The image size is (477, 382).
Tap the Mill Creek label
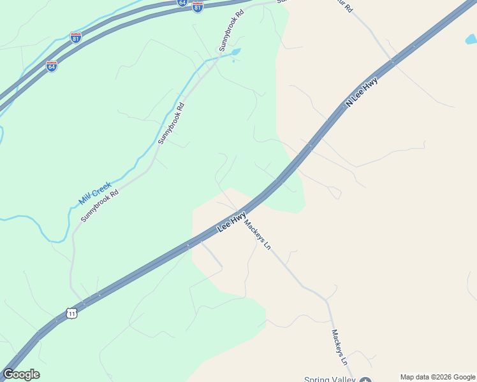(95, 193)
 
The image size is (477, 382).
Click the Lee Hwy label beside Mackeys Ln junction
(232, 222)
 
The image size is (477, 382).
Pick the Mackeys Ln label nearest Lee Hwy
(258, 235)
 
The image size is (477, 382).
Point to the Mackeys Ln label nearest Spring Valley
(339, 346)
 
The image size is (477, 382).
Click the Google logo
(21, 374)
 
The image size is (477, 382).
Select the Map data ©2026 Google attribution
(437, 377)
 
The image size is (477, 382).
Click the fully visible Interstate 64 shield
(52, 66)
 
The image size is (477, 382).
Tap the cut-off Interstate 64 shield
(182, 3)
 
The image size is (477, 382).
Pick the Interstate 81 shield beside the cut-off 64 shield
(198, 7)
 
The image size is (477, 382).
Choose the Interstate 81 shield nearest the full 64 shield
(76, 38)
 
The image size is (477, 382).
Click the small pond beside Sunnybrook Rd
(235, 52)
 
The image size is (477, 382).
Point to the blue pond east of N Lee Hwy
(471, 39)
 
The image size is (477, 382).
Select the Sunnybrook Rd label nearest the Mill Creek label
(100, 205)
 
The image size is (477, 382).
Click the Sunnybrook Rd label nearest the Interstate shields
(231, 30)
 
